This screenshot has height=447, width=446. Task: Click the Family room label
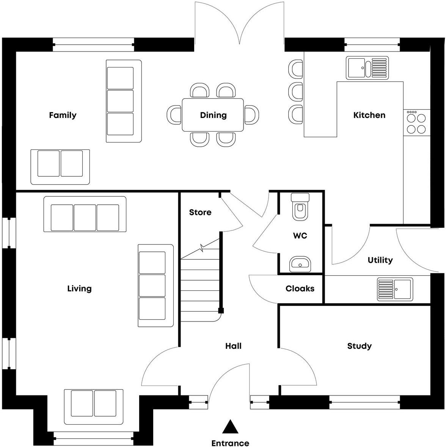point(63,115)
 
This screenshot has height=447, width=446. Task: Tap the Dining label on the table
point(213,115)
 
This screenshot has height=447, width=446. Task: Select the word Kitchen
point(369,115)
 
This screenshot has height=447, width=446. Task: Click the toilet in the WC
point(300,207)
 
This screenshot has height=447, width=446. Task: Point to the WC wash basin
point(300,263)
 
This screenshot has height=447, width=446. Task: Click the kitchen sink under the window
point(367,67)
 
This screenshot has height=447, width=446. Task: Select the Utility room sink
point(395,289)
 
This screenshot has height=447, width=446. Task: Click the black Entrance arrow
point(230,427)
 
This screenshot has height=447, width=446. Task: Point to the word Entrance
point(230,443)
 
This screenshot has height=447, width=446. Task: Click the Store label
point(200,212)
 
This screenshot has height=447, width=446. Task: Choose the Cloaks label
point(300,289)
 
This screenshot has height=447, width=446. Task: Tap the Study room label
point(359,346)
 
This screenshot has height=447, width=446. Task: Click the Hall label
point(233,346)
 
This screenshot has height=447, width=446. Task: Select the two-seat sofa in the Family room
point(60,167)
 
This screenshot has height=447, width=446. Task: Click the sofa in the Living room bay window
point(94,406)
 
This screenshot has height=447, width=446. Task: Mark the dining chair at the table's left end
point(174,114)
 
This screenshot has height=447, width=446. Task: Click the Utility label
point(380,260)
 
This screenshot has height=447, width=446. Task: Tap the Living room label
point(79,289)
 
